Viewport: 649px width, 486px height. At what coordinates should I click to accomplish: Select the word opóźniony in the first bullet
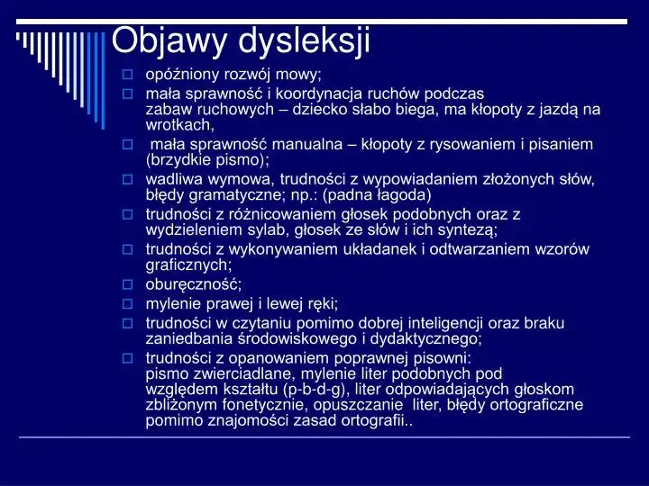pyautogui.click(x=178, y=75)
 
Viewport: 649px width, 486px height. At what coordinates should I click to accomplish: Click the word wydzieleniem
pyautogui.click(x=190, y=229)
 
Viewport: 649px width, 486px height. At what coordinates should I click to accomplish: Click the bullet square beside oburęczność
pyautogui.click(x=127, y=284)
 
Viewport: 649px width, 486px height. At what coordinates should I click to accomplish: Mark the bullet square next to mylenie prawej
pyautogui.click(x=127, y=303)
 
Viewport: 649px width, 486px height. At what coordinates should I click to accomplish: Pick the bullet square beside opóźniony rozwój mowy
pyautogui.click(x=127, y=75)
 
